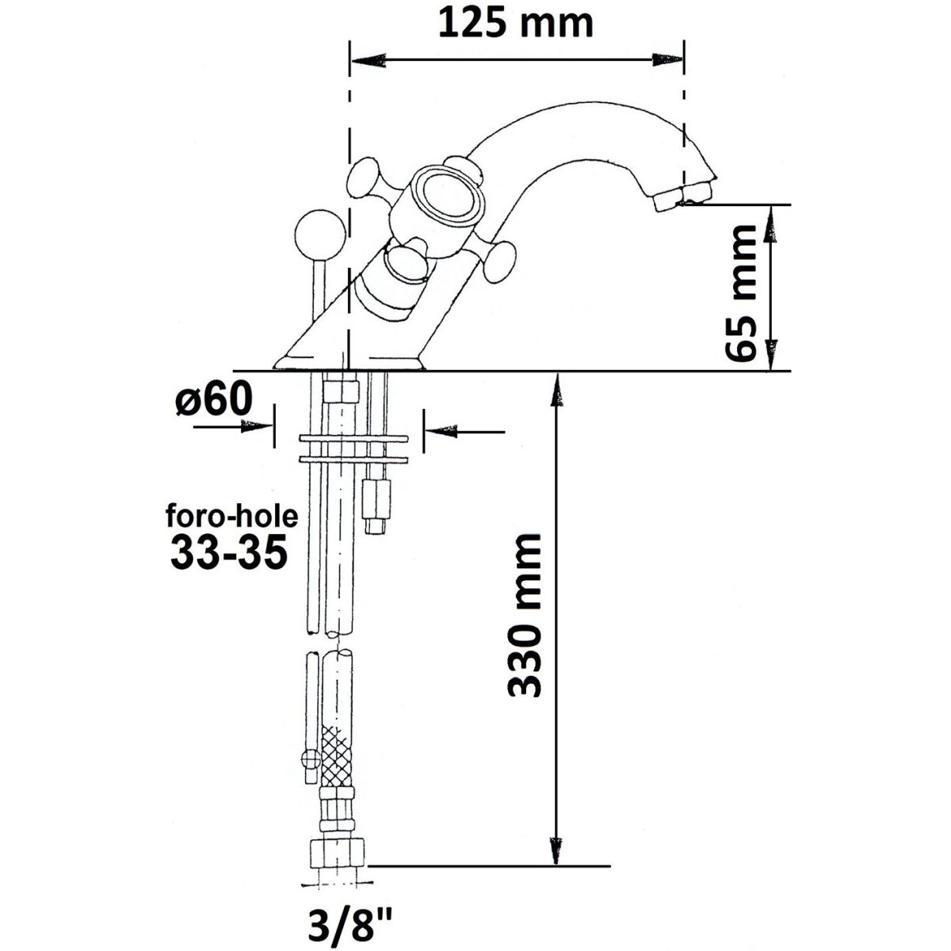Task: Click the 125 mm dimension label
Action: click(x=516, y=24)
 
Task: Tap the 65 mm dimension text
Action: click(x=740, y=294)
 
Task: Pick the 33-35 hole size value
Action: click(x=229, y=554)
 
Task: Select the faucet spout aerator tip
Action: click(x=683, y=199)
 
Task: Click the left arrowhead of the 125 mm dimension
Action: click(x=368, y=60)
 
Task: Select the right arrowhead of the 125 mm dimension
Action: click(x=667, y=59)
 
